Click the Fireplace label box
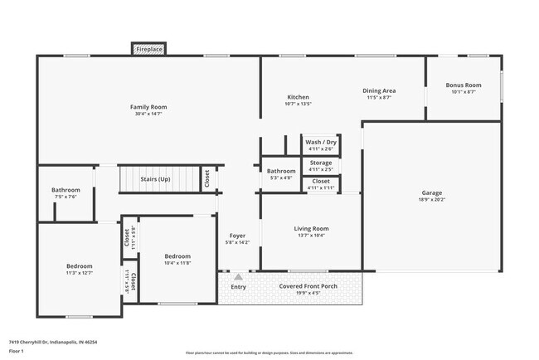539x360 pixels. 149,49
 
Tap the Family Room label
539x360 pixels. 148,107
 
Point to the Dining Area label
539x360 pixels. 378,90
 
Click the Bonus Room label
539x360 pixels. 463,85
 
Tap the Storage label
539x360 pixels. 321,163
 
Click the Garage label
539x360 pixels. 432,192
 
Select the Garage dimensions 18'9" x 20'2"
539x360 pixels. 432,199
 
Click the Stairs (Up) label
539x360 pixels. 155,178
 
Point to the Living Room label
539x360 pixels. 311,228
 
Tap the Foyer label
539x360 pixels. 237,236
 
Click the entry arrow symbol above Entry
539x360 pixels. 239,276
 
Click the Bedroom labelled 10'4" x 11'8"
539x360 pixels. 177,256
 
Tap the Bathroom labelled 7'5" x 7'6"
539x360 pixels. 66,190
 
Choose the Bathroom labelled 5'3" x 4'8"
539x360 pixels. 280,171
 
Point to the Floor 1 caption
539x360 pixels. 17,352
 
